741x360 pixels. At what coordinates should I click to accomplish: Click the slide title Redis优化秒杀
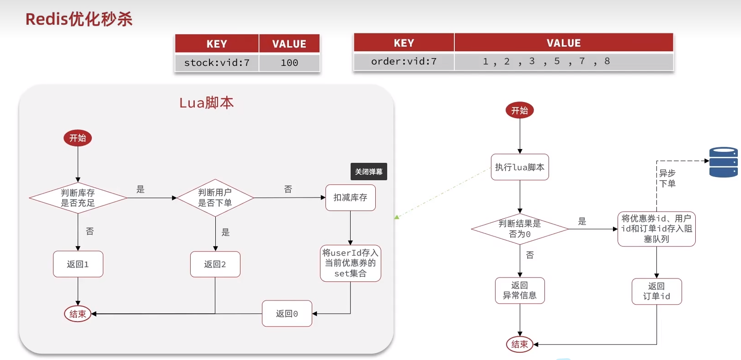tap(79, 19)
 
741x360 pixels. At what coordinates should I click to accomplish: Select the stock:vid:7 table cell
tap(217, 63)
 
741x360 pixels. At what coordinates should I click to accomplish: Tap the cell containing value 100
tap(289, 63)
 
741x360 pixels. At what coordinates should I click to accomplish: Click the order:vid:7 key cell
tap(404, 61)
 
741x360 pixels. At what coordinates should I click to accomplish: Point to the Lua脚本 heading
tap(206, 103)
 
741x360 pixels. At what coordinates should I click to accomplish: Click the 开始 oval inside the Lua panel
tap(78, 138)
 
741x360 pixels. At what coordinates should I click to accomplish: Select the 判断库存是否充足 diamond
tap(78, 198)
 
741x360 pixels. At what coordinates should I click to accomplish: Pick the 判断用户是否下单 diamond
tap(215, 198)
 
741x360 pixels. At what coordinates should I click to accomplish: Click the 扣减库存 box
tap(350, 198)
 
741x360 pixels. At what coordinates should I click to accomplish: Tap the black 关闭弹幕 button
tap(368, 172)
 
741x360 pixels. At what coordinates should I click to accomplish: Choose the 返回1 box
tap(78, 264)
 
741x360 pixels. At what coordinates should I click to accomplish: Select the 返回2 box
tap(215, 264)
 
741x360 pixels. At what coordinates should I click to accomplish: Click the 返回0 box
tap(287, 313)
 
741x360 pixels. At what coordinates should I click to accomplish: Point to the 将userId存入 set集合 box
tap(350, 263)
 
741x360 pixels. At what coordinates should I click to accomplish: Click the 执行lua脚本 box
tap(520, 167)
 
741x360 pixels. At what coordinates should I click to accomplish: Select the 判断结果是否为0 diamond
tap(520, 229)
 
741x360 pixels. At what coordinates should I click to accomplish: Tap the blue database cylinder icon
tap(723, 162)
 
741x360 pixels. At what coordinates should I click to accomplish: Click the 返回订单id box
tap(656, 291)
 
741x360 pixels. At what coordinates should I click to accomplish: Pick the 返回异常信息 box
tap(520, 290)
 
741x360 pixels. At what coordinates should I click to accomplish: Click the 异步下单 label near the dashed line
tap(667, 178)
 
